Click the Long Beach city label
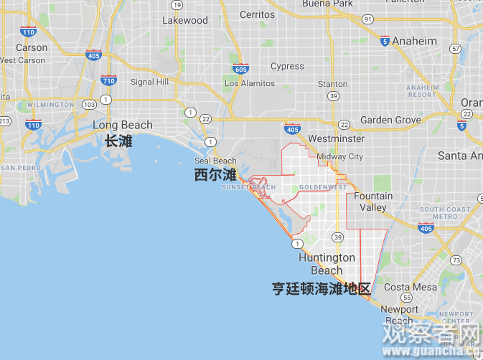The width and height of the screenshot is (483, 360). coord(123,125)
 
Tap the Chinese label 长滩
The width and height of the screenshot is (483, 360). coord(118,141)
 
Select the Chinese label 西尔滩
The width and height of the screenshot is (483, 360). coord(215,175)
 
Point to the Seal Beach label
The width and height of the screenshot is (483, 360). coord(215,161)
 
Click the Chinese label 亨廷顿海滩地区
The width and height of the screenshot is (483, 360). coord(321,289)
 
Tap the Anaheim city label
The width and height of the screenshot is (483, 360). coord(414,41)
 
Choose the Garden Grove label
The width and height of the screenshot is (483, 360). coord(390,120)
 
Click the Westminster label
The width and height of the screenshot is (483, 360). coord(336,138)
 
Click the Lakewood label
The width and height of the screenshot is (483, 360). coord(184,20)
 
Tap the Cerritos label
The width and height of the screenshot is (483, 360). coord(257,14)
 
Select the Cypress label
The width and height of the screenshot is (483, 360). coord(287,67)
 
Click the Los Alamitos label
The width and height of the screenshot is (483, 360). coord(250,84)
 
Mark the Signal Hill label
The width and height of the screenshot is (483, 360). coord(149,82)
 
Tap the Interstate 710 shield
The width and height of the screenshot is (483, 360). coord(108,80)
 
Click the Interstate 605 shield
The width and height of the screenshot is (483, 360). coord(240,69)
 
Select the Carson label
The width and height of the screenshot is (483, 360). coord(32,48)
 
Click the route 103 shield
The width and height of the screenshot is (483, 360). coord(89,105)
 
